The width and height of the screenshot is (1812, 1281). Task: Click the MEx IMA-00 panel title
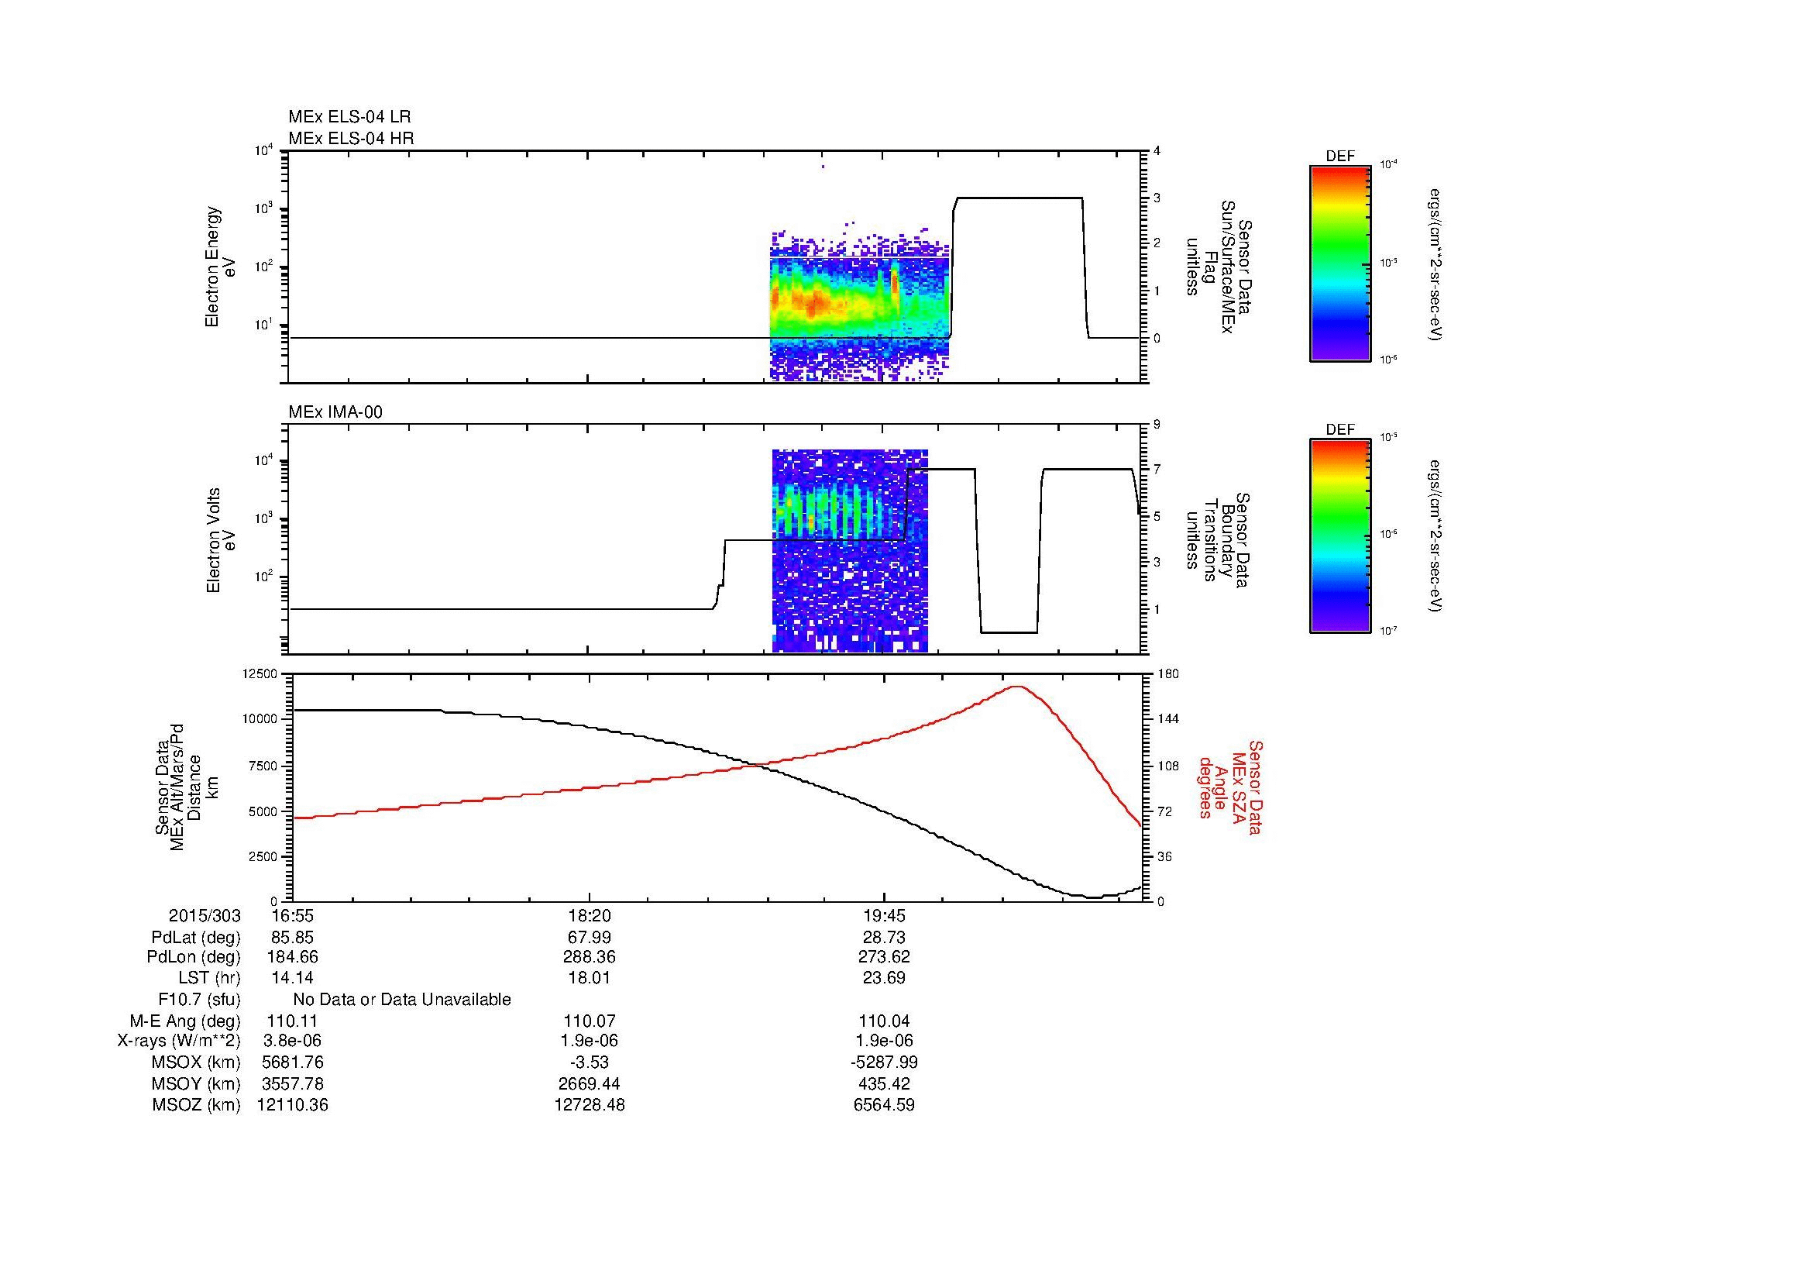(x=335, y=412)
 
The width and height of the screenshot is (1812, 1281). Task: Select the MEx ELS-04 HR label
(x=350, y=138)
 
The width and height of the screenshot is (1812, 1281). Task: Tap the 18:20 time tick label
(x=589, y=915)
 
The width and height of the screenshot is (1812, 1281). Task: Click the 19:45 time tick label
(x=884, y=915)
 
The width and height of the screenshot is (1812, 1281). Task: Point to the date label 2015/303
(x=205, y=915)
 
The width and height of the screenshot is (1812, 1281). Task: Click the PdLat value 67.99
(x=589, y=938)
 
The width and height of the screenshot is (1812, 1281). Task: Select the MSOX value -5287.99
(x=884, y=1062)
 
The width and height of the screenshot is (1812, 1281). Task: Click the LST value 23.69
(x=884, y=978)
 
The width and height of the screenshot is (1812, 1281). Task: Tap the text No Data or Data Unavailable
(x=402, y=1000)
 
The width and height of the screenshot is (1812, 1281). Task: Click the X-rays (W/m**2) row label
(x=178, y=1041)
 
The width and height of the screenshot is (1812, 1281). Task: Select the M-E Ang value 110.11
(x=292, y=1021)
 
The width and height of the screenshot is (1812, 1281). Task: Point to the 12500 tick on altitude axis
(x=260, y=674)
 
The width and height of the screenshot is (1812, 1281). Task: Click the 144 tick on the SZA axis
(x=1167, y=719)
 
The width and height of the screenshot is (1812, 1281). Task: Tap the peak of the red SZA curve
(x=1018, y=687)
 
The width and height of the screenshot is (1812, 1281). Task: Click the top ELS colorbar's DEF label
(x=1339, y=157)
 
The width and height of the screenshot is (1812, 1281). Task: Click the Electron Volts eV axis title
(x=221, y=540)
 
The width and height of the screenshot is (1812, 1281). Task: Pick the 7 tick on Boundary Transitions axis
(x=1157, y=470)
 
